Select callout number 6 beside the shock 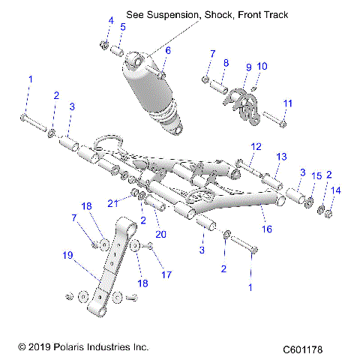coord(168,50)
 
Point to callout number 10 coord(262,66)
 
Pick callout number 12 coord(256,146)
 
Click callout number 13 coord(281,157)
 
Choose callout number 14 coord(336,191)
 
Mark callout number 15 coord(316,175)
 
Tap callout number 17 coord(166,274)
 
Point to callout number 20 coord(160,234)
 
